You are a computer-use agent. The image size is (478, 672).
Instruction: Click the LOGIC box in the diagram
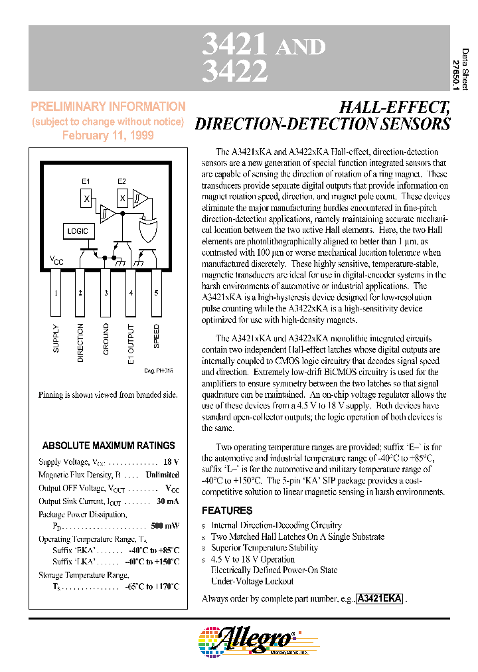[77, 231]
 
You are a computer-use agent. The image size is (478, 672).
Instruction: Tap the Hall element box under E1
[86, 198]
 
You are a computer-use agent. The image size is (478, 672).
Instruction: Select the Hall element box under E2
[122, 198]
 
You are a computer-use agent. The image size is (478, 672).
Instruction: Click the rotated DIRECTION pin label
[81, 343]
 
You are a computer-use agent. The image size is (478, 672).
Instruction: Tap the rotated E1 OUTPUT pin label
[131, 344]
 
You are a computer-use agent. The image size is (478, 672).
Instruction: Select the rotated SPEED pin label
[157, 337]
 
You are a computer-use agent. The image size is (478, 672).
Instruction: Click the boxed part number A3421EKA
[379, 598]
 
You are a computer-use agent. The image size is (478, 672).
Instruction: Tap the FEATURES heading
[226, 511]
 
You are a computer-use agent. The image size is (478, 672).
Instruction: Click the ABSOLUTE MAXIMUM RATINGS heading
[109, 446]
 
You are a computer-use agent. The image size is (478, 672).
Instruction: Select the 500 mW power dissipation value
[165, 526]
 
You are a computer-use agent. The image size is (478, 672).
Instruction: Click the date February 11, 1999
[108, 135]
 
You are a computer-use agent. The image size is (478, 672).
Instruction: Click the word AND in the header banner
[300, 46]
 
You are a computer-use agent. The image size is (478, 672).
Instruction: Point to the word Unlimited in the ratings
[162, 475]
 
